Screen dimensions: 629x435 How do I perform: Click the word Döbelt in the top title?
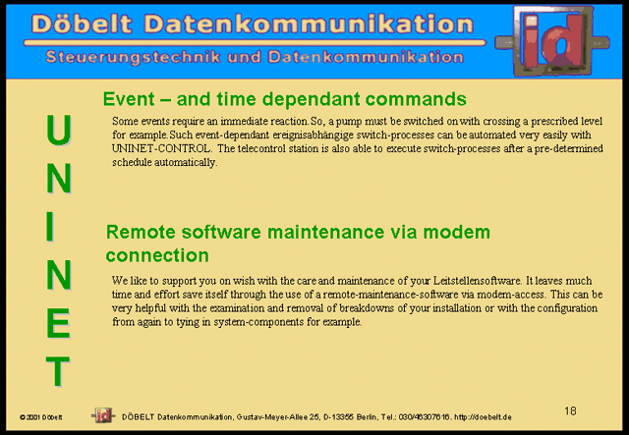click(x=82, y=24)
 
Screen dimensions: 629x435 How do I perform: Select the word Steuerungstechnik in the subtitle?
click(x=134, y=57)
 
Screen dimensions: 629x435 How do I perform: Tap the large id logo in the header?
click(x=552, y=41)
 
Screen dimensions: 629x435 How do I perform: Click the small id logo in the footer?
click(x=103, y=415)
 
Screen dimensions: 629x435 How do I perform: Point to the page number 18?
click(x=570, y=411)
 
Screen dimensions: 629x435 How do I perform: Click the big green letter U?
click(x=59, y=130)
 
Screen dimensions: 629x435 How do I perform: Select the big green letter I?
click(x=50, y=226)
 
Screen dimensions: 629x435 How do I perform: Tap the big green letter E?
click(x=59, y=323)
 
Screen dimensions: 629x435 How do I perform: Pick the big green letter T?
click(x=58, y=371)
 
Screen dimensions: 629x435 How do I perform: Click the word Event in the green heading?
click(x=129, y=98)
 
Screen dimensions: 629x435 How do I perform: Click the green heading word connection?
click(x=157, y=255)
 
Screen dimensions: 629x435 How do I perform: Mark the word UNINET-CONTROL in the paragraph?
click(x=161, y=148)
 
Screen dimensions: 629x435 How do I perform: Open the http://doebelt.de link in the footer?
click(x=483, y=417)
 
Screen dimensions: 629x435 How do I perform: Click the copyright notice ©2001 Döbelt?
click(x=41, y=417)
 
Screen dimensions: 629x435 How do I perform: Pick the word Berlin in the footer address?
click(x=367, y=417)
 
